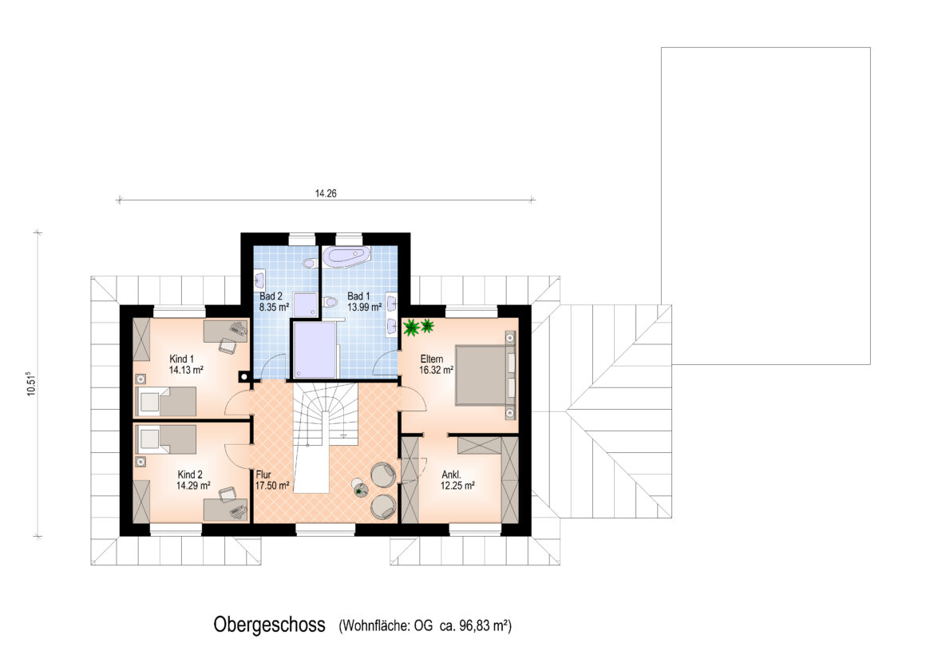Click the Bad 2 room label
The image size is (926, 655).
(271, 296)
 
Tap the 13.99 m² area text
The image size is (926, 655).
(364, 308)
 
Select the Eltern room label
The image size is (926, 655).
(432, 359)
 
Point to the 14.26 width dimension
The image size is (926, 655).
(326, 193)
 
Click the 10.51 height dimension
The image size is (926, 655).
(31, 383)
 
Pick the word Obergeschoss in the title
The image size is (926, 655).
(269, 625)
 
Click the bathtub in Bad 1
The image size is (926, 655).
(349, 257)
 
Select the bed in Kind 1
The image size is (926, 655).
(166, 402)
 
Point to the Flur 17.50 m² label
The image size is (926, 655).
(272, 480)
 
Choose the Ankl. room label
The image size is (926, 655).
(452, 474)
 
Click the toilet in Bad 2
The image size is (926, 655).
(309, 262)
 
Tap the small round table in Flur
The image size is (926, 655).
(360, 490)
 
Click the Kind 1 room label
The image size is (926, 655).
(181, 359)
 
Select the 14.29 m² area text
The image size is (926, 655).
(193, 486)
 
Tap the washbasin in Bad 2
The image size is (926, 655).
(260, 278)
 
